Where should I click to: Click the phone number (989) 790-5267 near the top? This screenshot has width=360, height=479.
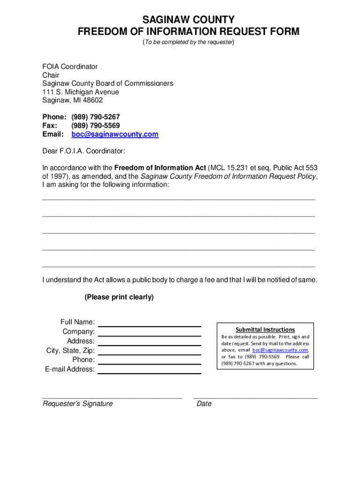96,116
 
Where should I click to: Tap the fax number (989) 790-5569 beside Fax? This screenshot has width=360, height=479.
95,125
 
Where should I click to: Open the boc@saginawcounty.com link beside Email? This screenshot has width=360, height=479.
115,134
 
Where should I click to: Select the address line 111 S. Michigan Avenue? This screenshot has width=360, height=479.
80,92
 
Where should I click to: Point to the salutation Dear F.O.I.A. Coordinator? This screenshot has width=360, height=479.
84,151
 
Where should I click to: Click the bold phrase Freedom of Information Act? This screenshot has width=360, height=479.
160,167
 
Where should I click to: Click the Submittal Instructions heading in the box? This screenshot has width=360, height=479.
265,329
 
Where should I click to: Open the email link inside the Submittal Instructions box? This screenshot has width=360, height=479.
280,350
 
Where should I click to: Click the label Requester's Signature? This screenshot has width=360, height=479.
78,404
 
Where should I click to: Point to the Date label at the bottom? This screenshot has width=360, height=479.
204,404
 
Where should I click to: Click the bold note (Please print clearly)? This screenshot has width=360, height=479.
119,297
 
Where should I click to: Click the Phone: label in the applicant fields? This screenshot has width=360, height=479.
83,360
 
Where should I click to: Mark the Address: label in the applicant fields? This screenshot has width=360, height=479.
81,341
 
